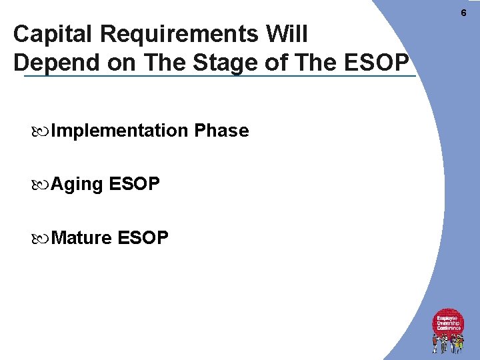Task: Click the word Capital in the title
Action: pos(49,34)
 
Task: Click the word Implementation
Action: pos(119,131)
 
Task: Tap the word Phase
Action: pos(221,131)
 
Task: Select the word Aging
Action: pos(77,184)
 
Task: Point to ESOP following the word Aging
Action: pos(134,184)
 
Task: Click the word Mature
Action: pos(81,237)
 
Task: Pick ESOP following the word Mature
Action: pos(143,237)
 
